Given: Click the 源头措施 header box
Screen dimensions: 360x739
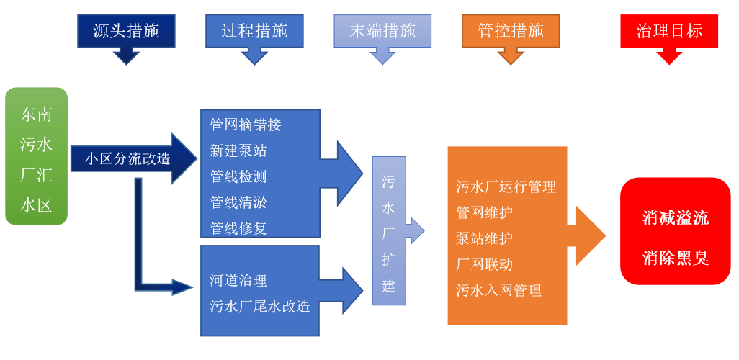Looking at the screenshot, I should coord(126,31).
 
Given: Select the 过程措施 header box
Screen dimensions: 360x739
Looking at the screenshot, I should coord(254,31).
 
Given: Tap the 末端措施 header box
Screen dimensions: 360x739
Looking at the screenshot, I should coord(382,31).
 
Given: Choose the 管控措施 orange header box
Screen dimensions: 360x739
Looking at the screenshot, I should coord(511,31).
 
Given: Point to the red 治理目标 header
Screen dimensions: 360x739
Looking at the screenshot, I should coord(669,31).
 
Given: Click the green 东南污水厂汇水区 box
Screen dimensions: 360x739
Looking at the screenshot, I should coord(37,156).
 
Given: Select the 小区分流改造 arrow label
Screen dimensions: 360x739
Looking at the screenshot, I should coord(128,158).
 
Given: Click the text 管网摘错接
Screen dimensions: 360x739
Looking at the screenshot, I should coord(246,125).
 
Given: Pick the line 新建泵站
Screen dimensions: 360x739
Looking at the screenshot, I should coord(238,150).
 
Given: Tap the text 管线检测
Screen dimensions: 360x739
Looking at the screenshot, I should coord(238,176).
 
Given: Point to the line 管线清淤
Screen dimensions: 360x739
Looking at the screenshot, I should coord(238,202).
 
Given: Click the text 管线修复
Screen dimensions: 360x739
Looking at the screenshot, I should coord(238,228).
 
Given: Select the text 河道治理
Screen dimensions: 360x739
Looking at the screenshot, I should coord(238,280).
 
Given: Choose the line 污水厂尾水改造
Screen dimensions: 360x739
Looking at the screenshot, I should coord(260,306).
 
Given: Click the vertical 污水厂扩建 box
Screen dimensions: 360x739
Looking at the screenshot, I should coord(389,231).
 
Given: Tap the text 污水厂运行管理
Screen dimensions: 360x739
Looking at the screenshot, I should coord(506,186).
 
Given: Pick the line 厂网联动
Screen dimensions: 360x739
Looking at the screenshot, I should coord(485,264).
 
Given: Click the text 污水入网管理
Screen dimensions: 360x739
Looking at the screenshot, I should coord(499,290).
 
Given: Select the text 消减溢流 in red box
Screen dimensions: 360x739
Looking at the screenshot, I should coord(676,218).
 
